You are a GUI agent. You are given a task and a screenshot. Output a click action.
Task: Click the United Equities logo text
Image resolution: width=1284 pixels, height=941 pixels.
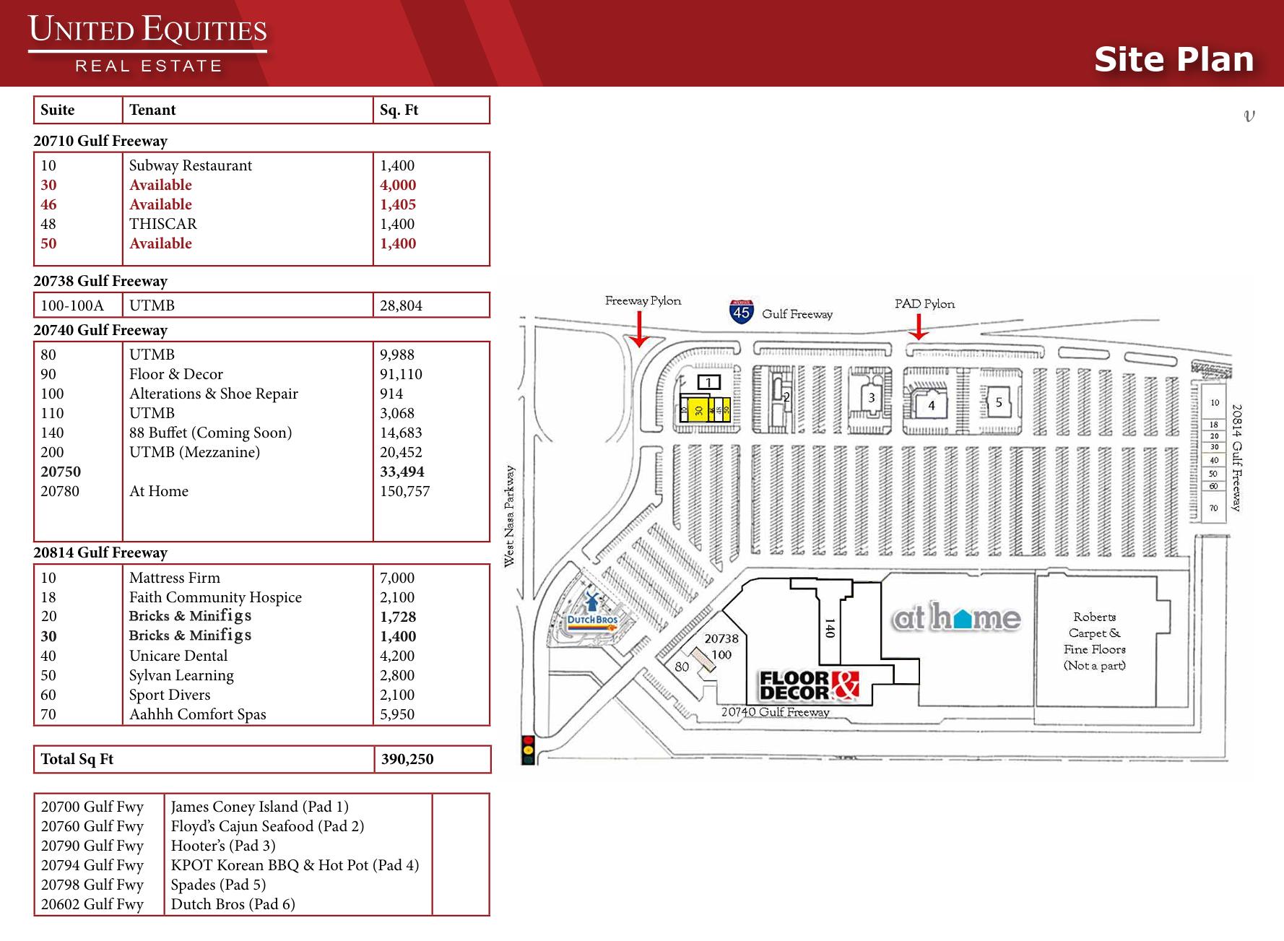click(x=148, y=32)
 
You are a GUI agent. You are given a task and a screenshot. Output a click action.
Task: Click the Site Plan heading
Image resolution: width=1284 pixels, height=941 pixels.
click(x=1174, y=59)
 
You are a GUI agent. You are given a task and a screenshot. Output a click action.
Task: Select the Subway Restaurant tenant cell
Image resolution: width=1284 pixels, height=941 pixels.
click(x=191, y=165)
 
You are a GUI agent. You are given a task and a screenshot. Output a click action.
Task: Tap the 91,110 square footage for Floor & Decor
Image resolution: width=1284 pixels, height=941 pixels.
click(x=401, y=374)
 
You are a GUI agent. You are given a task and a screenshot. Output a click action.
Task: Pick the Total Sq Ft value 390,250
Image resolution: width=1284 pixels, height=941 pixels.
click(x=407, y=759)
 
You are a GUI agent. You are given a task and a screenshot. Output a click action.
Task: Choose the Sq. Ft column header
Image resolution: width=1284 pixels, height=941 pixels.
click(x=399, y=110)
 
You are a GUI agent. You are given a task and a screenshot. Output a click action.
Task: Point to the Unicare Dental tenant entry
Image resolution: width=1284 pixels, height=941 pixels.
click(x=178, y=656)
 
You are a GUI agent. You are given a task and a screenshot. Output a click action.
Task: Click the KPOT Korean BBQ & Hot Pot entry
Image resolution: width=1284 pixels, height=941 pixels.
click(x=295, y=865)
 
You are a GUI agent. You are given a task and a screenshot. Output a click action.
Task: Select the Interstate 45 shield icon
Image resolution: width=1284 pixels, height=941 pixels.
click(x=742, y=312)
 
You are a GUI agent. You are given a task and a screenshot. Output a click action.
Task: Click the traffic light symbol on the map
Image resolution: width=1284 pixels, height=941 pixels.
click(x=528, y=750)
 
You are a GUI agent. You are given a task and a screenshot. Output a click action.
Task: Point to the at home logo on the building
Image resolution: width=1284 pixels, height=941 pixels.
click(x=957, y=618)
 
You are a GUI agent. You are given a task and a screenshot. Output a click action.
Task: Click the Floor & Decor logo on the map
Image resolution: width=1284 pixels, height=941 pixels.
click(x=809, y=685)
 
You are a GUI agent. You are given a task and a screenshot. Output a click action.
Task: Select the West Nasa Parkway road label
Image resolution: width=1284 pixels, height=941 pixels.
click(x=509, y=516)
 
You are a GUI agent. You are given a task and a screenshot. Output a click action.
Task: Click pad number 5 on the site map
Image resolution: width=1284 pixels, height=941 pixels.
click(x=999, y=402)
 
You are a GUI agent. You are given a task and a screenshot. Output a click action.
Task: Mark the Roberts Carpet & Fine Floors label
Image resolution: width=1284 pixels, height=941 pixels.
click(x=1095, y=641)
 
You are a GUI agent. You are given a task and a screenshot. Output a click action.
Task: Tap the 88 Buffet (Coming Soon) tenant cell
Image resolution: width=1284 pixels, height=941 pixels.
click(x=210, y=433)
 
